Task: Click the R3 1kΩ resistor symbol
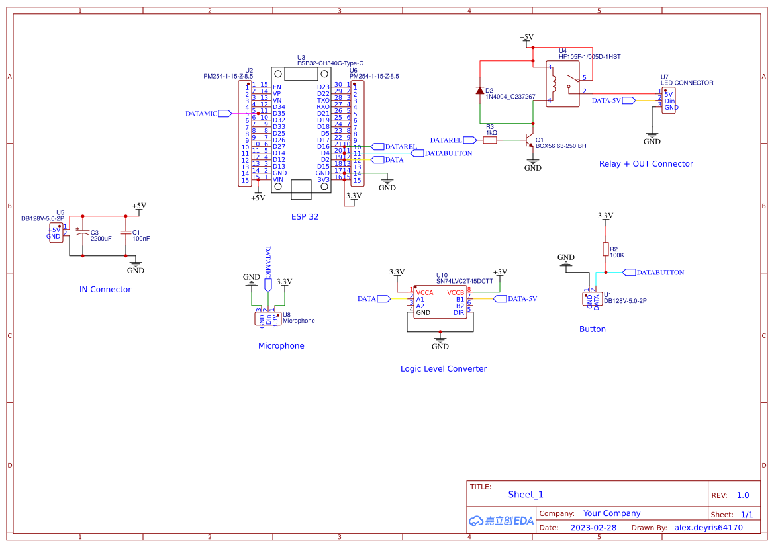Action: [490, 140]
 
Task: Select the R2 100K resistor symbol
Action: [605, 249]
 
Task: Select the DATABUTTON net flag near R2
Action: [628, 273]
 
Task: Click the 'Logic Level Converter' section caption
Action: [444, 369]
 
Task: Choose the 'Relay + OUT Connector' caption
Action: [646, 164]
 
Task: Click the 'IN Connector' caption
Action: [105, 290]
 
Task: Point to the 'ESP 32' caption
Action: [305, 217]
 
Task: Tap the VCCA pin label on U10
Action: [424, 292]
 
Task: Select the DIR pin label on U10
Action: [458, 312]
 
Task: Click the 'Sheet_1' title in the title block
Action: [526, 495]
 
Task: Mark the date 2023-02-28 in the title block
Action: [593, 528]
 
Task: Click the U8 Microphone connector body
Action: [268, 319]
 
